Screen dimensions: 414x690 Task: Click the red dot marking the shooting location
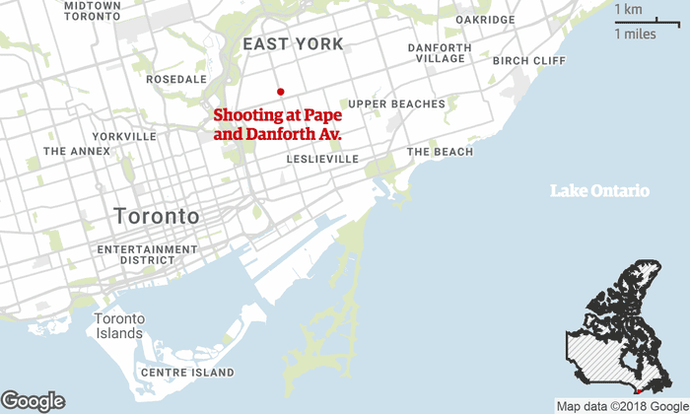pyautogui.click(x=281, y=91)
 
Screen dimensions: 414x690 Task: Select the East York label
pyautogui.click(x=293, y=44)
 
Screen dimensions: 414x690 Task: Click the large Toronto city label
pyautogui.click(x=157, y=216)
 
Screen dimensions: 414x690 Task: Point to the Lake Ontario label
pyautogui.click(x=599, y=190)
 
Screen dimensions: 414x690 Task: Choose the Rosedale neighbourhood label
pyautogui.click(x=176, y=79)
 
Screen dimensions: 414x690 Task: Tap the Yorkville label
pyautogui.click(x=123, y=136)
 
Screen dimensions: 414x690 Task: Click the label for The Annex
pyautogui.click(x=77, y=152)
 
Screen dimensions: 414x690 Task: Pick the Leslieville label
pyautogui.click(x=319, y=159)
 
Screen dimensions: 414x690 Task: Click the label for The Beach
pyautogui.click(x=440, y=152)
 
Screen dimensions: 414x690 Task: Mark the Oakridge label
pyautogui.click(x=486, y=19)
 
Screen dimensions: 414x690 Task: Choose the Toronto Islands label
pyautogui.click(x=119, y=326)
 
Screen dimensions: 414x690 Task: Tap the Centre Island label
pyautogui.click(x=187, y=373)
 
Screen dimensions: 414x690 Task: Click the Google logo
pyautogui.click(x=34, y=400)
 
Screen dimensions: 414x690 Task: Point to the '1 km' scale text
pyautogui.click(x=630, y=10)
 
